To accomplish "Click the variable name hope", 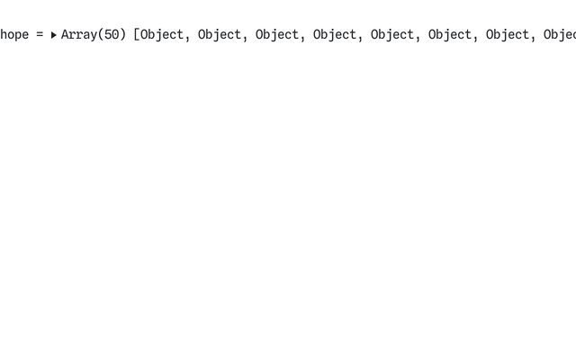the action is (x=14, y=35).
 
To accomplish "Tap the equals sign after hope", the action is (x=40, y=35).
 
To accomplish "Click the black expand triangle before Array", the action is (x=54, y=35).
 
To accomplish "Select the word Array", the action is (x=79, y=35).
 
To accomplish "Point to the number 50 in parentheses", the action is (x=112, y=34).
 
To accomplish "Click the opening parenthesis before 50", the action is (x=101, y=35).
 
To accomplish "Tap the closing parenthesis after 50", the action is (x=122, y=35).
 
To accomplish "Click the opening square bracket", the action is (x=137, y=35).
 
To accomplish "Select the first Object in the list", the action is (x=162, y=35).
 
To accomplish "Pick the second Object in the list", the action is (x=220, y=35).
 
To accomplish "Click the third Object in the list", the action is (x=277, y=35).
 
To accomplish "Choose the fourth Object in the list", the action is (x=335, y=35).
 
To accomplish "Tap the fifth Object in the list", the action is (x=392, y=35).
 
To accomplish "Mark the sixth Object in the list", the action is (x=450, y=35).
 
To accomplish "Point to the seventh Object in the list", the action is (x=508, y=35).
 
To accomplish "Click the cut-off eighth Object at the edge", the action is (x=560, y=35).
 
